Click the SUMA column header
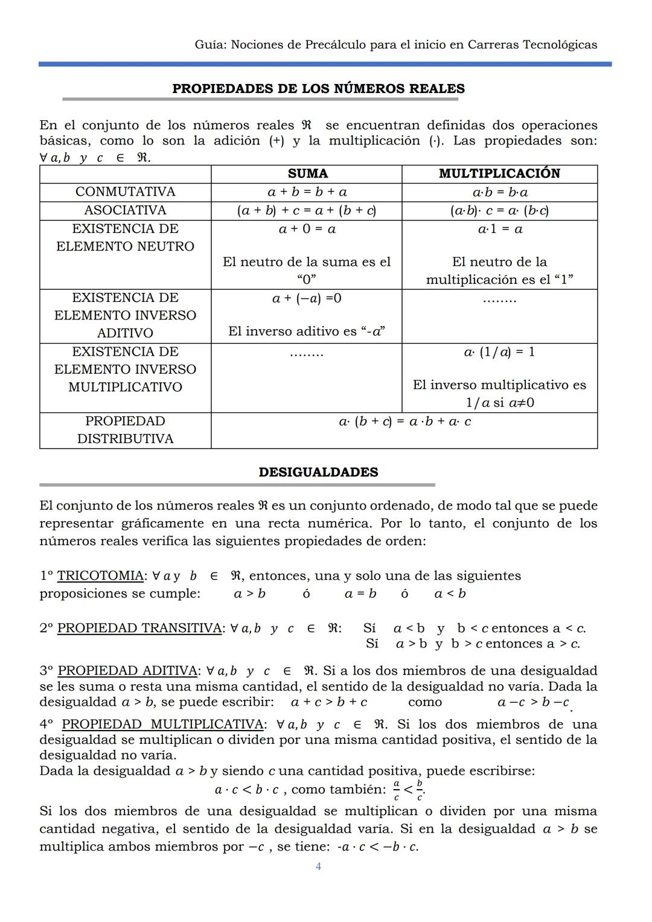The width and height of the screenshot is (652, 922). pyautogui.click(x=307, y=174)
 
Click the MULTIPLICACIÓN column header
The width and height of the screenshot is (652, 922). pyautogui.click(x=499, y=174)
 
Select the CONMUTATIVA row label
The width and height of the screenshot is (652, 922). pyautogui.click(x=125, y=192)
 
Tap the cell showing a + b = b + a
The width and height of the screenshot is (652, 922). pyautogui.click(x=307, y=192)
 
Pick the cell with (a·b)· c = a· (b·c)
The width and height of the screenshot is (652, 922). pyautogui.click(x=499, y=211)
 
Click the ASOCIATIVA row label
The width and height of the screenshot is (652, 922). pyautogui.click(x=125, y=211)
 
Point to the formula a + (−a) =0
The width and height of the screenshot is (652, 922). pyautogui.click(x=307, y=298)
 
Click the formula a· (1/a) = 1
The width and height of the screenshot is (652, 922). pyautogui.click(x=499, y=352)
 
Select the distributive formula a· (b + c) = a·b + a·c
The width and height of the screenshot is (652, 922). pyautogui.click(x=404, y=421)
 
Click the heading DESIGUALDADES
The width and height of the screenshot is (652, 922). pyautogui.click(x=318, y=472)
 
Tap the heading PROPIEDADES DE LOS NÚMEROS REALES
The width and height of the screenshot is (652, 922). pyautogui.click(x=318, y=89)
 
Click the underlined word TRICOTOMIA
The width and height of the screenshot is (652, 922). pyautogui.click(x=101, y=576)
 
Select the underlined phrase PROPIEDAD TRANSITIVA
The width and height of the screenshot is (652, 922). pyautogui.click(x=139, y=629)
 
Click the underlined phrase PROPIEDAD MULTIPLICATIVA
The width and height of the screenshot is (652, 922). pyautogui.click(x=162, y=725)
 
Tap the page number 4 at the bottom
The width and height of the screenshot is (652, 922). pyautogui.click(x=318, y=867)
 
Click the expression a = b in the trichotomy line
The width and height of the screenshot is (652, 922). pyautogui.click(x=360, y=594)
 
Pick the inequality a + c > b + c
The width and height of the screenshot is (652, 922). pyautogui.click(x=329, y=702)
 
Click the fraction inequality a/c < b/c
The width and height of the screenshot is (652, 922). pyautogui.click(x=408, y=790)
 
